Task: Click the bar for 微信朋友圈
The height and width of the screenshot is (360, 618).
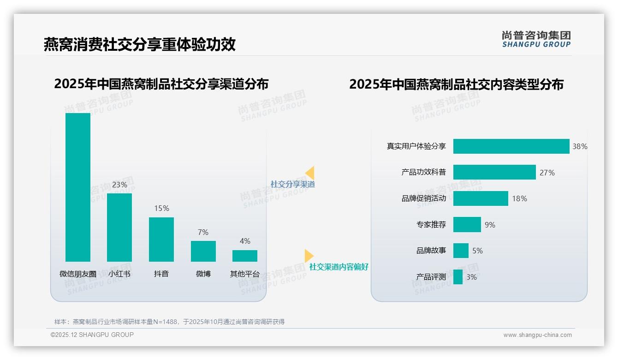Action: [x=78, y=187]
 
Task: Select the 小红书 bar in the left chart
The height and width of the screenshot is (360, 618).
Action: [x=119, y=227]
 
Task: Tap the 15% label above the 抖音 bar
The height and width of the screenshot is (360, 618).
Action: [x=161, y=208]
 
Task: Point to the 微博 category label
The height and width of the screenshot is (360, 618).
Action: [x=203, y=274]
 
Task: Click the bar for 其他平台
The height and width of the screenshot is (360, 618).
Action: [x=245, y=256]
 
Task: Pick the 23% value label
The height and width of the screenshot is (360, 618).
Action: [x=119, y=185]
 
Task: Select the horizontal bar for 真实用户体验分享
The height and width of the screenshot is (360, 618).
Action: [x=511, y=146]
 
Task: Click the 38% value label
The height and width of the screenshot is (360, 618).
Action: [x=580, y=146]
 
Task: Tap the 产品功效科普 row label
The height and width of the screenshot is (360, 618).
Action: [x=423, y=172]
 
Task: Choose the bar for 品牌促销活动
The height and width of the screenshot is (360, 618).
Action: [x=481, y=198]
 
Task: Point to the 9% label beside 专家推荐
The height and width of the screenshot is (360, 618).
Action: [x=490, y=225]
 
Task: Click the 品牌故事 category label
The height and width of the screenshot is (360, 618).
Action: [x=431, y=251]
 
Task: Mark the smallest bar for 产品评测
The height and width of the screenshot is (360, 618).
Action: [x=458, y=277]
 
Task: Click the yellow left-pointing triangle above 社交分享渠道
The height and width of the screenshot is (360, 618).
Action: [x=310, y=173]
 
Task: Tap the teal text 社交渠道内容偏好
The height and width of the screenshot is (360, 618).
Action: [x=339, y=267]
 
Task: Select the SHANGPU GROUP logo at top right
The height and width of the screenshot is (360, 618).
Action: [x=536, y=39]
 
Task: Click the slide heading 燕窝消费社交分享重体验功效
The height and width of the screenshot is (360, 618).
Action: [x=140, y=44]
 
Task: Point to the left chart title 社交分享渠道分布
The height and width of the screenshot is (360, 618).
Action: [x=161, y=84]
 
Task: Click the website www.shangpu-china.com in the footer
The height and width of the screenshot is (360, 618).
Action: [x=537, y=335]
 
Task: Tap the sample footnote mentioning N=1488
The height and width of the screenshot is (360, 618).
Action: [x=169, y=322]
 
